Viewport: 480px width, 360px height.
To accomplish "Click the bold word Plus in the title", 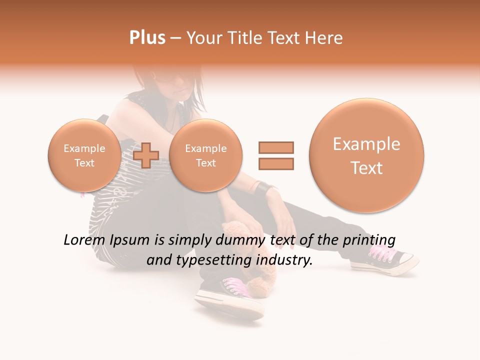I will pyautogui.click(x=147, y=38).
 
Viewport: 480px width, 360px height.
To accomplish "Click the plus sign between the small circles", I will pyautogui.click(x=146, y=155).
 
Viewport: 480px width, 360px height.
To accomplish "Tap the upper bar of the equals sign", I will pyautogui.click(x=275, y=147).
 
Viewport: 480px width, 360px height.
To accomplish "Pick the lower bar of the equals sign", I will pyautogui.click(x=275, y=163).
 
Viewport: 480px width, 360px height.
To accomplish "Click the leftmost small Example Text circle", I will pyautogui.click(x=84, y=155).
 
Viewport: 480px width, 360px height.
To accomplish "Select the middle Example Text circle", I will pyautogui.click(x=205, y=155).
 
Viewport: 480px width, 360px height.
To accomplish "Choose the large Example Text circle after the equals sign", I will pyautogui.click(x=366, y=155).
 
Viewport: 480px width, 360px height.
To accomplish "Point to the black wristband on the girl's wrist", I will pyautogui.click(x=264, y=189).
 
